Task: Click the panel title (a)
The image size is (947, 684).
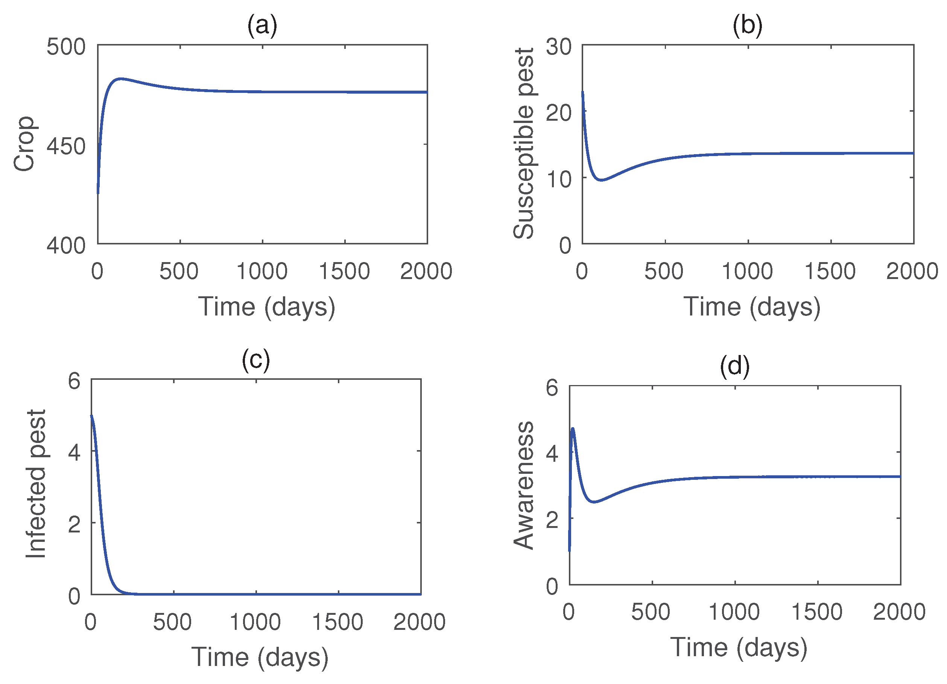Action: [x=262, y=26]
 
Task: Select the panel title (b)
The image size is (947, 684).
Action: [x=748, y=26]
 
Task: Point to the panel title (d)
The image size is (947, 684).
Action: [x=734, y=366]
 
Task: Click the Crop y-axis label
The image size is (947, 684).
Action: [x=24, y=144]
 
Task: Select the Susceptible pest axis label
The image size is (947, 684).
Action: [x=524, y=144]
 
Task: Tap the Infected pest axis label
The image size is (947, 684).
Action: [x=36, y=484]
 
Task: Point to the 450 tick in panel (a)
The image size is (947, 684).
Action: [x=66, y=146]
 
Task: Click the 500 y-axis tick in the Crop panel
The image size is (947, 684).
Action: [x=66, y=47]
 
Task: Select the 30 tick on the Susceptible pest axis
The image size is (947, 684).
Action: [x=558, y=47]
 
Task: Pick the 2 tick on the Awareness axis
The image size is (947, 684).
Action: [x=552, y=520]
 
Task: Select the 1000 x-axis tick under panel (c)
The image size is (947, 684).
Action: [x=255, y=622]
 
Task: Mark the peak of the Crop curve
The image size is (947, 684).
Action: [x=121, y=79]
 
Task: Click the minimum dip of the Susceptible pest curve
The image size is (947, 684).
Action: [x=601, y=180]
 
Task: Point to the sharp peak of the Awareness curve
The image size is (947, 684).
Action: [x=573, y=429]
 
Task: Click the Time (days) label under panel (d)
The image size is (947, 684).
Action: [x=739, y=648]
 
